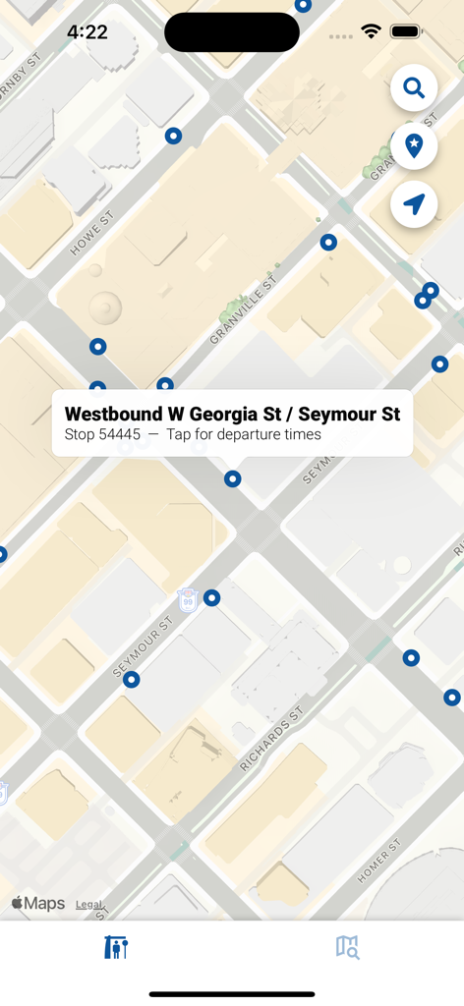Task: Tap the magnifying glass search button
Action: click(414, 88)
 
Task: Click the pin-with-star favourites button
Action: click(414, 146)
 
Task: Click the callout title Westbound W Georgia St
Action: click(232, 414)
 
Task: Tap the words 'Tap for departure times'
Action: click(243, 434)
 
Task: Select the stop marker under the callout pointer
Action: click(233, 479)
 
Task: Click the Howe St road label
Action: click(91, 233)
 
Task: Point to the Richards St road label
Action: click(271, 736)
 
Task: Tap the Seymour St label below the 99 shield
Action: click(144, 647)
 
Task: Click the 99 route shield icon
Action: click(187, 599)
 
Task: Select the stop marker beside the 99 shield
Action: click(211, 597)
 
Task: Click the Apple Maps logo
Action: click(38, 904)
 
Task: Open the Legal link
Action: click(89, 905)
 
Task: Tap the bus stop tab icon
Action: click(116, 947)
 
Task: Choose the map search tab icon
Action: click(347, 947)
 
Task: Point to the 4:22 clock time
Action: click(87, 32)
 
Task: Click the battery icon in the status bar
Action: click(405, 32)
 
